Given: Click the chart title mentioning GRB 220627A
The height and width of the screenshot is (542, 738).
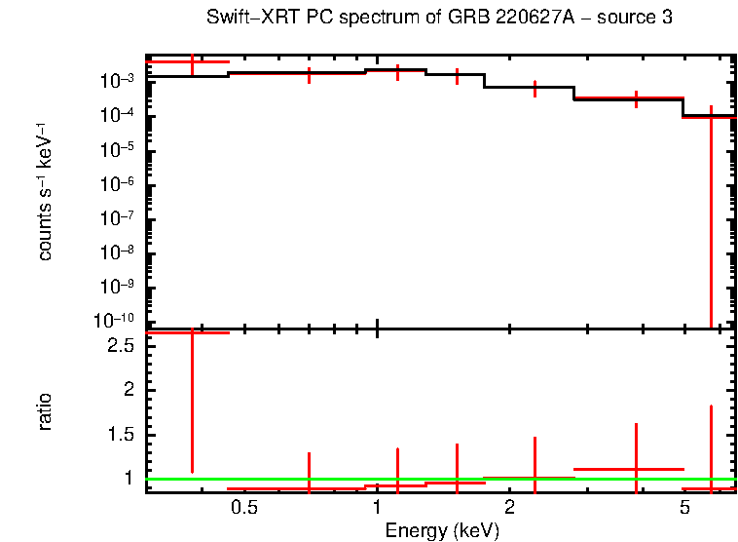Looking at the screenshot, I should point(439,19).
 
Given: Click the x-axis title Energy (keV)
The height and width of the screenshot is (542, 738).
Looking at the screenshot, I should point(441,530).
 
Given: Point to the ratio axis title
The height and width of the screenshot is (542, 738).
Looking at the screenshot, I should point(45,411).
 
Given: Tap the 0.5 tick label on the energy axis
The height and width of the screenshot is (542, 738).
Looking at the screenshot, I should point(244,508).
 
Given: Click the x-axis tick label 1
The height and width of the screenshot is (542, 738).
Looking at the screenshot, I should point(377,508).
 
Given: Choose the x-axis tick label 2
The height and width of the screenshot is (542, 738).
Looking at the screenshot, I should point(509,508).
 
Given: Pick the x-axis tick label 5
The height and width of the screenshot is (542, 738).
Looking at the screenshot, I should point(684,508).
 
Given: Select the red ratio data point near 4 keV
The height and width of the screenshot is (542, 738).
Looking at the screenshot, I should point(636,469).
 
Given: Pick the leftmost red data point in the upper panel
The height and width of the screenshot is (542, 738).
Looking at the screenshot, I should point(192,61).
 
